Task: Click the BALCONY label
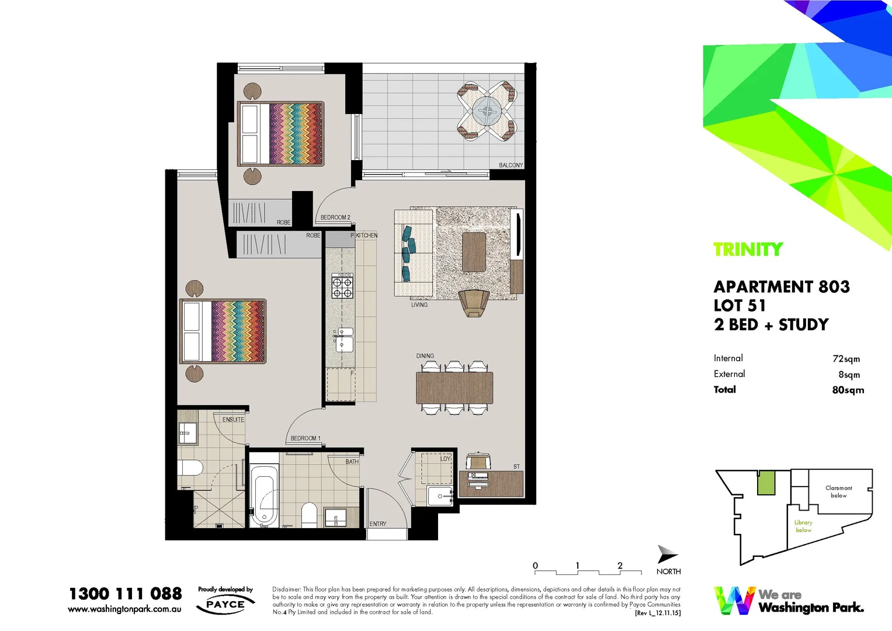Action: [511, 165]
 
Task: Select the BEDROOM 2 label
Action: [335, 217]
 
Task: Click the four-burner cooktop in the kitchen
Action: [342, 286]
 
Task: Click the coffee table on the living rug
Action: [474, 252]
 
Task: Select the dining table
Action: [454, 388]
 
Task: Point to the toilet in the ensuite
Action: [191, 468]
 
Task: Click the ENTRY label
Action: [378, 524]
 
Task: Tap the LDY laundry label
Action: [445, 459]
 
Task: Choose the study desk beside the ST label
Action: [491, 484]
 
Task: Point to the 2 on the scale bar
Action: [620, 566]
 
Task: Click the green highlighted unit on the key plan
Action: [766, 483]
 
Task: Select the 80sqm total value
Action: [848, 390]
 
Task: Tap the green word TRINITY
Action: [748, 249]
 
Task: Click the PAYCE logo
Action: [225, 604]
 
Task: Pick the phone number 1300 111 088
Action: [126, 594]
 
